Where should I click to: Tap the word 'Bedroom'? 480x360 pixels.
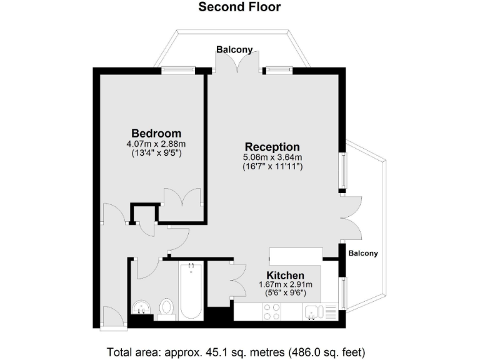156,133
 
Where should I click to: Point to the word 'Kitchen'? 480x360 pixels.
286,275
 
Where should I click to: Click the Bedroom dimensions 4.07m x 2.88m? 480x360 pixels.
156,143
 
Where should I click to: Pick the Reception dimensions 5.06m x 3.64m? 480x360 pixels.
272,157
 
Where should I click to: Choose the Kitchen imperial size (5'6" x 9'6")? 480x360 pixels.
286,293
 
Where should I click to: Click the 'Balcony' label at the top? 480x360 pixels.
234,49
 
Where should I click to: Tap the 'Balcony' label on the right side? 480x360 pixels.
363,253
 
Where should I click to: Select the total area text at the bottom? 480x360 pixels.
236,351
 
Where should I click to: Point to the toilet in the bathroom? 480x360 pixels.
166,307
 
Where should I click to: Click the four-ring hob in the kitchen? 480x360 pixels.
273,311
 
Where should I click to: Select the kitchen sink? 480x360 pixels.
312,310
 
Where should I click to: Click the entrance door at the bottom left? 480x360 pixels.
112,318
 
